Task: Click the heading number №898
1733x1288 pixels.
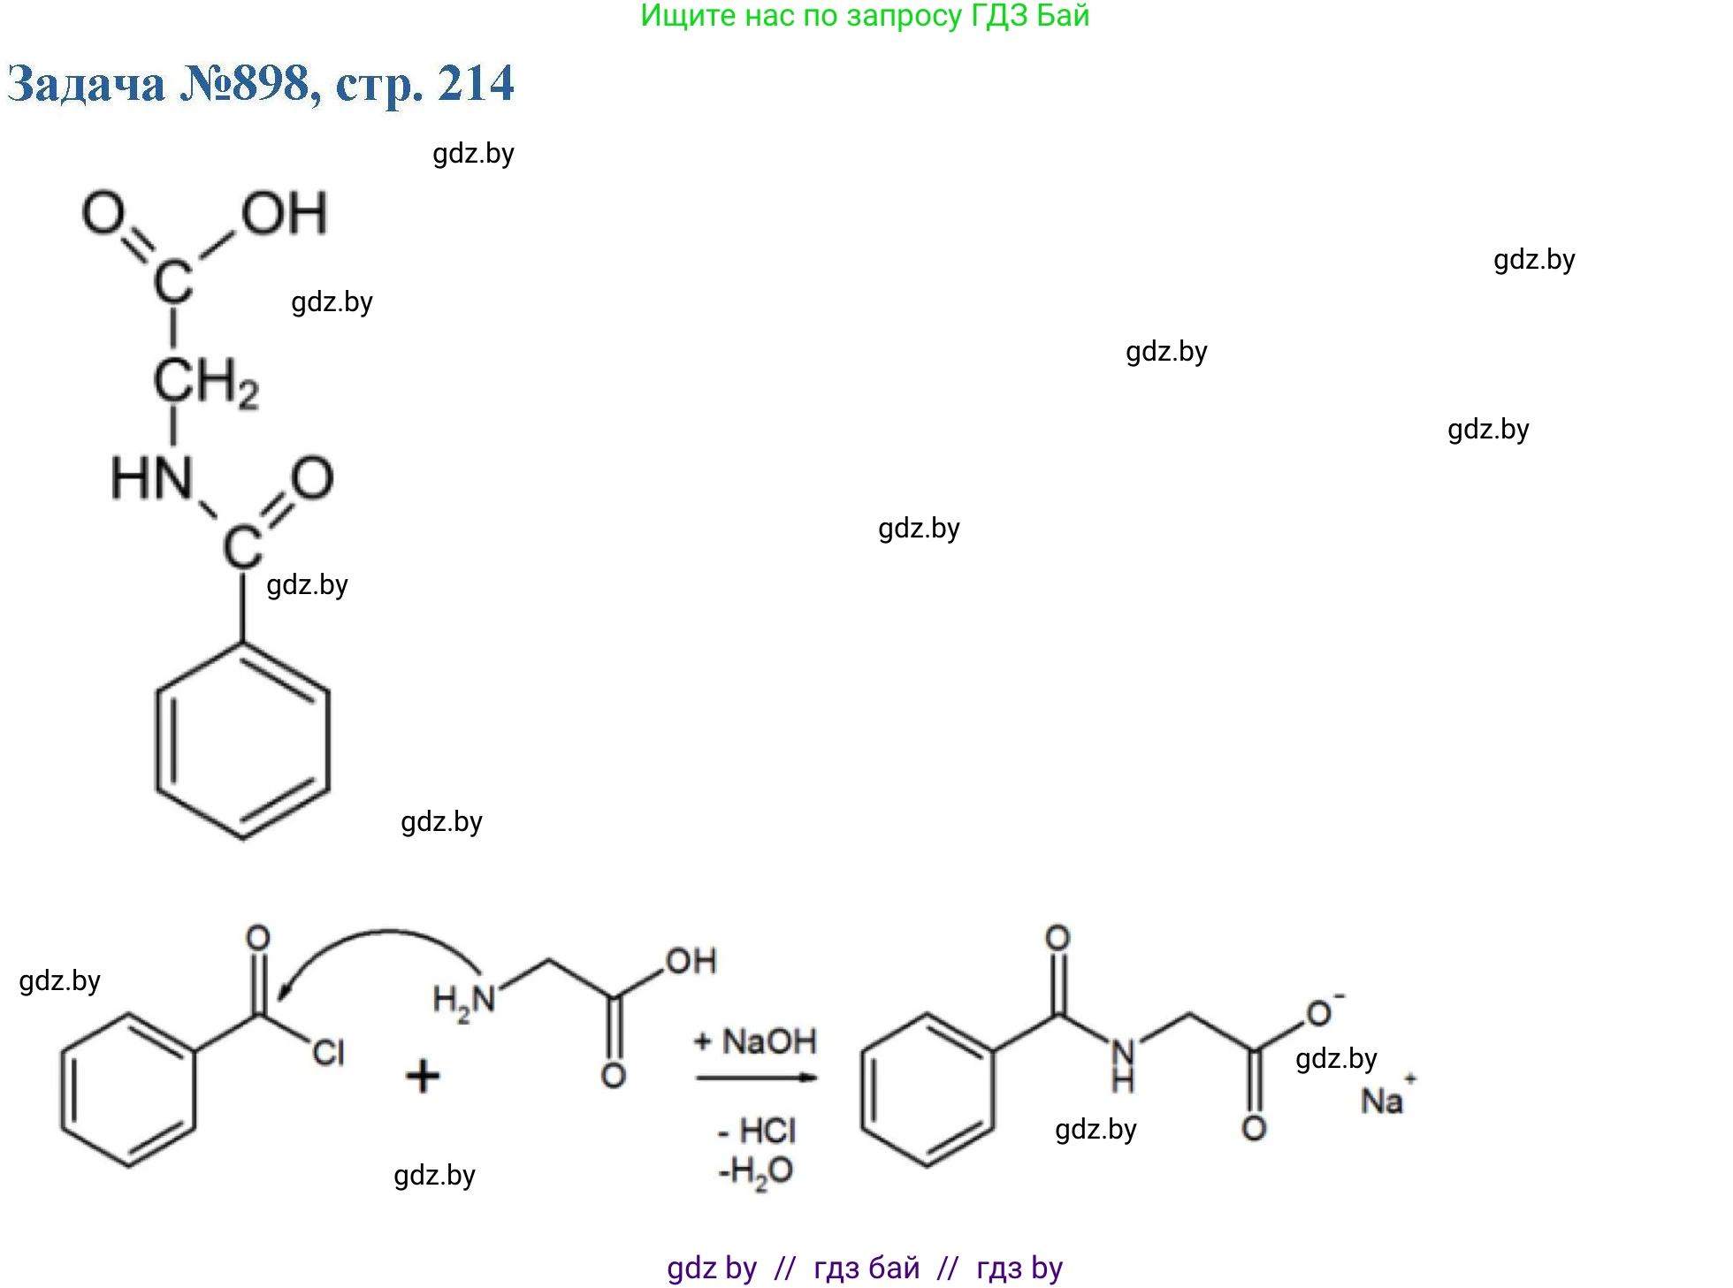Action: pyautogui.click(x=244, y=85)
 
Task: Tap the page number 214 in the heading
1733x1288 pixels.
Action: pyautogui.click(x=476, y=85)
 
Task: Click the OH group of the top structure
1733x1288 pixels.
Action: pyautogui.click(x=284, y=214)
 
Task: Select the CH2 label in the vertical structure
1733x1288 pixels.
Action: pyautogui.click(x=206, y=383)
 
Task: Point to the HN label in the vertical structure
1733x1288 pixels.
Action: pyautogui.click(x=151, y=478)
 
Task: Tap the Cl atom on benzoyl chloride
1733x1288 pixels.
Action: pyautogui.click(x=327, y=1052)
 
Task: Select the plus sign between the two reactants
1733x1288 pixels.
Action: pyautogui.click(x=423, y=1077)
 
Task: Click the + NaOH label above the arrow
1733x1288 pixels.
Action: pyautogui.click(x=755, y=1041)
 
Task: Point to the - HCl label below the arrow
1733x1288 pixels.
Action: pyautogui.click(x=757, y=1131)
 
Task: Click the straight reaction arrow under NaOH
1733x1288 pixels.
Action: pyautogui.click(x=756, y=1078)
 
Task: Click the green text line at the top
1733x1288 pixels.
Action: pyautogui.click(x=865, y=16)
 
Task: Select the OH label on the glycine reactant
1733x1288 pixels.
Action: pyautogui.click(x=691, y=961)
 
